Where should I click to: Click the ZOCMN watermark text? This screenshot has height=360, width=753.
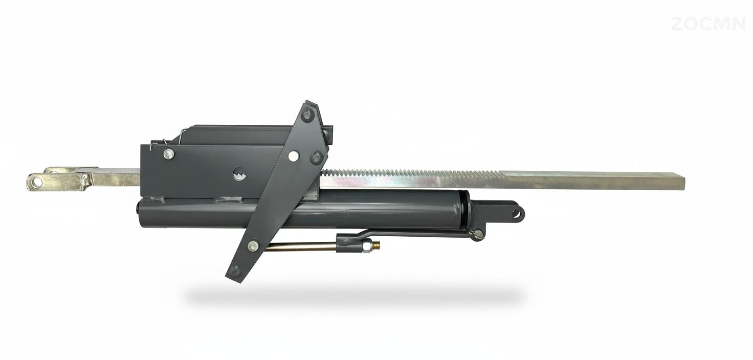[708, 24]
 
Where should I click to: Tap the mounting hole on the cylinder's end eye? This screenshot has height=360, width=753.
[516, 212]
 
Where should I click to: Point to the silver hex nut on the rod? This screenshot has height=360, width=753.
[367, 247]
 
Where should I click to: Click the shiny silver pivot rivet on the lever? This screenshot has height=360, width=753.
[294, 155]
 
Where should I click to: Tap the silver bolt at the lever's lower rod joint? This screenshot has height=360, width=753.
[253, 246]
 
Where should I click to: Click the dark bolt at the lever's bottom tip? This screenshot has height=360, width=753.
[235, 270]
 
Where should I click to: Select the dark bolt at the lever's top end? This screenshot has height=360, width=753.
[307, 115]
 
